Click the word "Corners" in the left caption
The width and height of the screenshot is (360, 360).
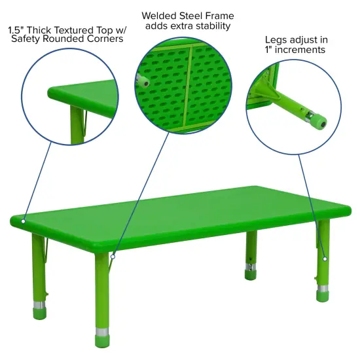[105, 40]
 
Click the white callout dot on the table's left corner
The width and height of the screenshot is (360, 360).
[23, 221]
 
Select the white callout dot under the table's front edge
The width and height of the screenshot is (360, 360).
[113, 257]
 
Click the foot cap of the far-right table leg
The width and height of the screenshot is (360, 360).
[323, 296]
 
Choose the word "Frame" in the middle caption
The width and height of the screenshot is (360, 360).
[221, 15]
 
